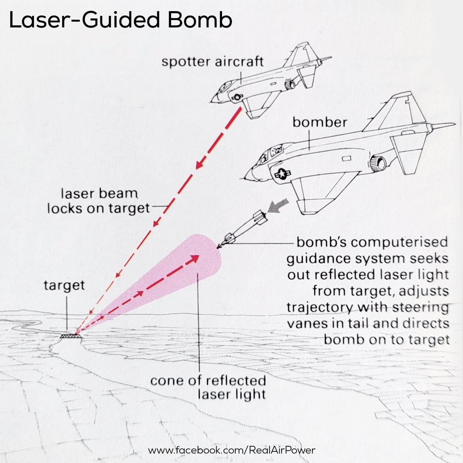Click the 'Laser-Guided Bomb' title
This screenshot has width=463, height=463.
(120, 21)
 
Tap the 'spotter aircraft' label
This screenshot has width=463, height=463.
(212, 61)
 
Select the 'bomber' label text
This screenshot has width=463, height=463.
(319, 122)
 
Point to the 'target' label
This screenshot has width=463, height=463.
(64, 285)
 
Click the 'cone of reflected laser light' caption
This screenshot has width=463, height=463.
(208, 387)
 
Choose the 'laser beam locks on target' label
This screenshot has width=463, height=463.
(99, 201)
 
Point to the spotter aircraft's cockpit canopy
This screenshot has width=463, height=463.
(225, 87)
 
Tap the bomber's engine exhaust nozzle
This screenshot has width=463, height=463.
(379, 163)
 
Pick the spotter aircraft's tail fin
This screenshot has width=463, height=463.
(300, 54)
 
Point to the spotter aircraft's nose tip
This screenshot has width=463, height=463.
(212, 101)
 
